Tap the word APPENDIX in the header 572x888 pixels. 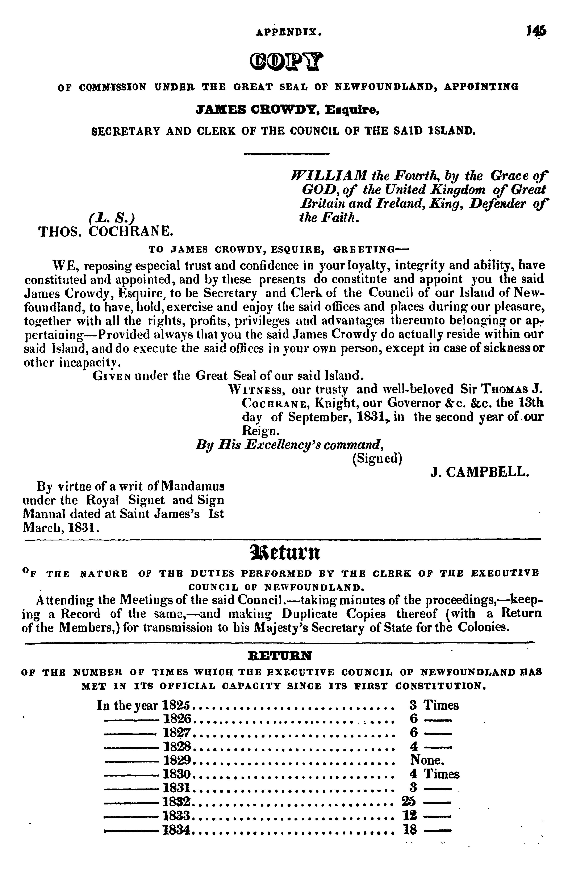coord(289,33)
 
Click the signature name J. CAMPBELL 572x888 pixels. coord(479,472)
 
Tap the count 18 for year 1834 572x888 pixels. coord(410,830)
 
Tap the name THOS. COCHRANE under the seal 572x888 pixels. coord(106,232)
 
